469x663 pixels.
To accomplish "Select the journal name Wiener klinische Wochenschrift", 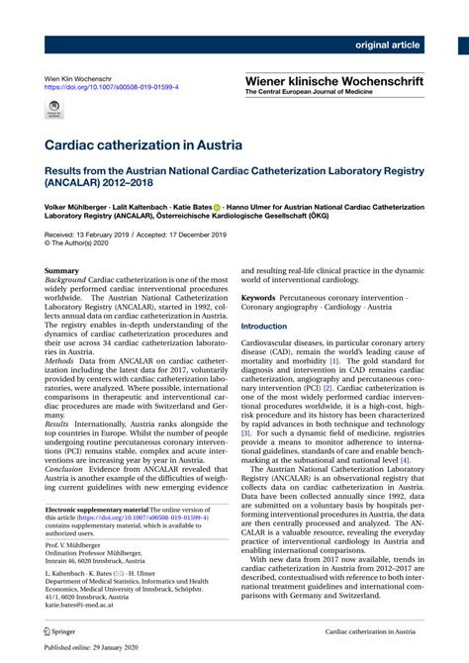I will pos(334,79).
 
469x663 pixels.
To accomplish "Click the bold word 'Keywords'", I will pos(258,296).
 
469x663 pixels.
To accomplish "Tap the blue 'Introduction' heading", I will pos(264,326).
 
